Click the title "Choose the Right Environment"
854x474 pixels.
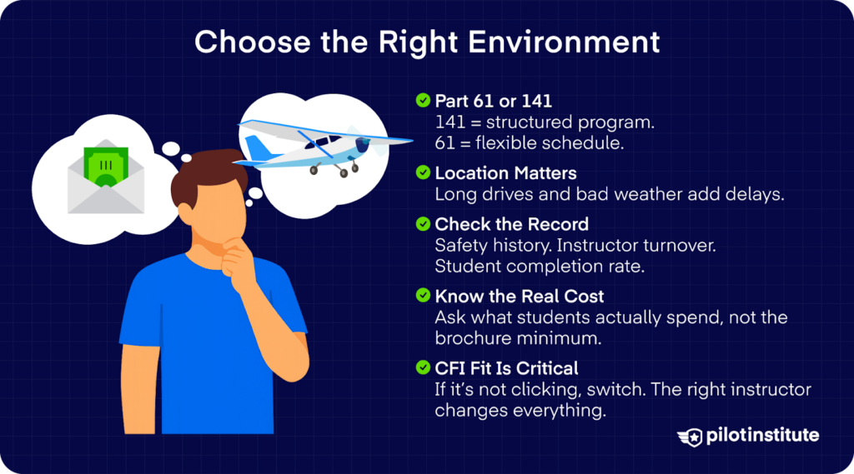[x=427, y=42]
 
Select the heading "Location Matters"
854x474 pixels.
[x=505, y=173]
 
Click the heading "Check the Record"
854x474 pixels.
[x=511, y=224]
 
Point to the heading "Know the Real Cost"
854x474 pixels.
[x=518, y=297]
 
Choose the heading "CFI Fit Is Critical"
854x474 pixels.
[x=506, y=368]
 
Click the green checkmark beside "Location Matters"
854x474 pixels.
[x=423, y=173]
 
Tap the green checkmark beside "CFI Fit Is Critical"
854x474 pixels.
[x=423, y=368]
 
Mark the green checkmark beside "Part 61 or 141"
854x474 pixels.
[x=423, y=102]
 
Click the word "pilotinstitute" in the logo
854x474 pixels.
[x=761, y=436]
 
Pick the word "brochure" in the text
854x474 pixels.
[x=470, y=338]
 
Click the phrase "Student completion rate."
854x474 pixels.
[x=517, y=267]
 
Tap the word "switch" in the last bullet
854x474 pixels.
[x=580, y=389]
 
